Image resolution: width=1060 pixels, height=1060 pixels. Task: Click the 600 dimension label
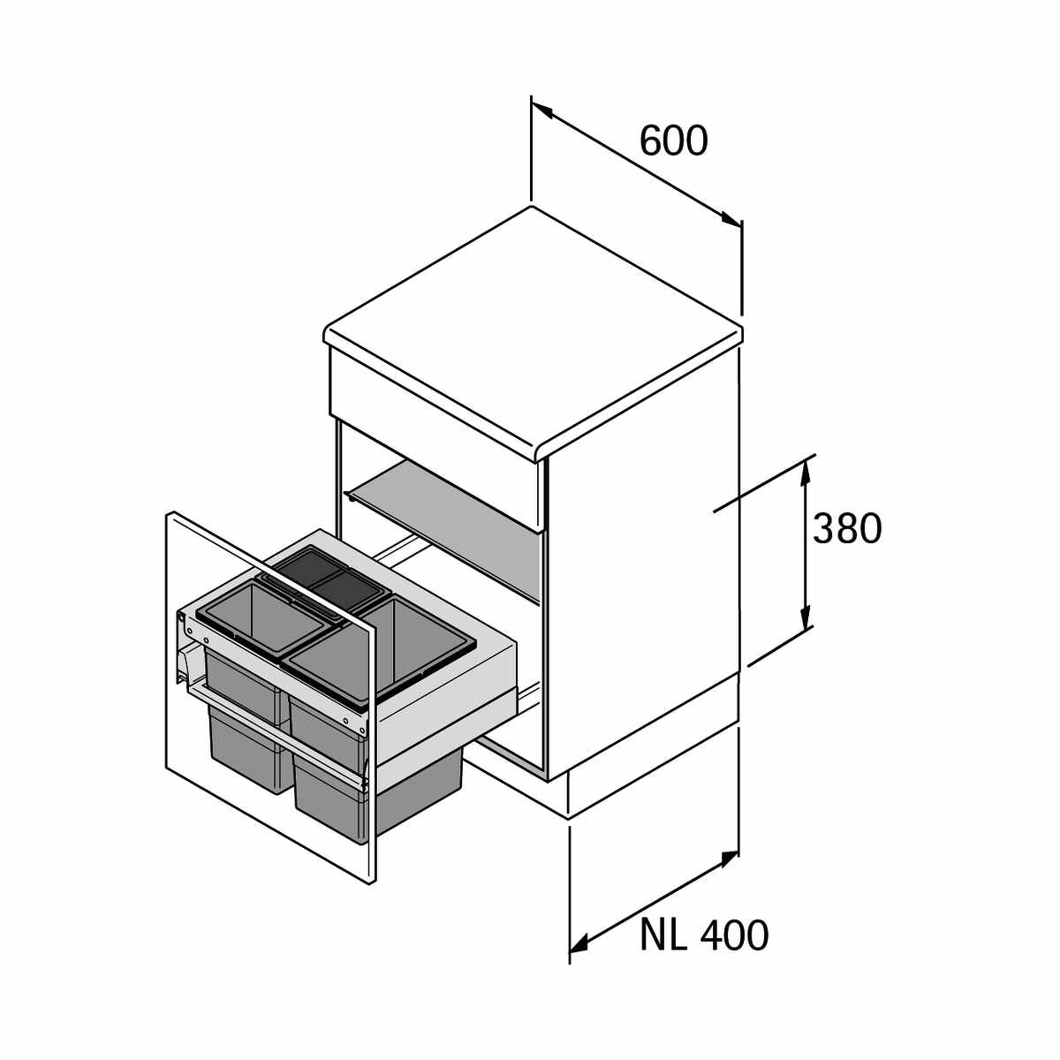(x=674, y=140)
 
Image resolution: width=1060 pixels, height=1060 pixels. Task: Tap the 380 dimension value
(x=846, y=528)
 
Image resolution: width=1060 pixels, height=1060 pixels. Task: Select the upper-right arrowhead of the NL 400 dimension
(x=728, y=859)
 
